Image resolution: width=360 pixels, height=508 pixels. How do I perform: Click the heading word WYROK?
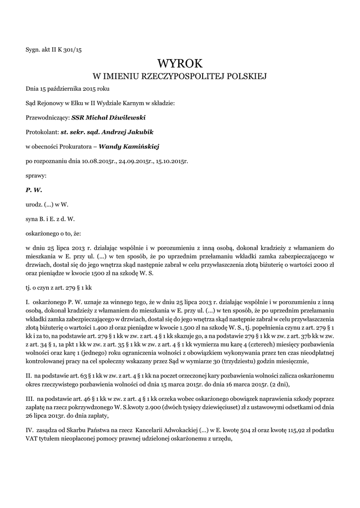(x=180, y=63)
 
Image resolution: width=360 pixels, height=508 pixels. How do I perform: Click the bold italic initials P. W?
(x=34, y=190)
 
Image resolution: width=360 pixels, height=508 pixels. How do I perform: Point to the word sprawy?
(x=36, y=175)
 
